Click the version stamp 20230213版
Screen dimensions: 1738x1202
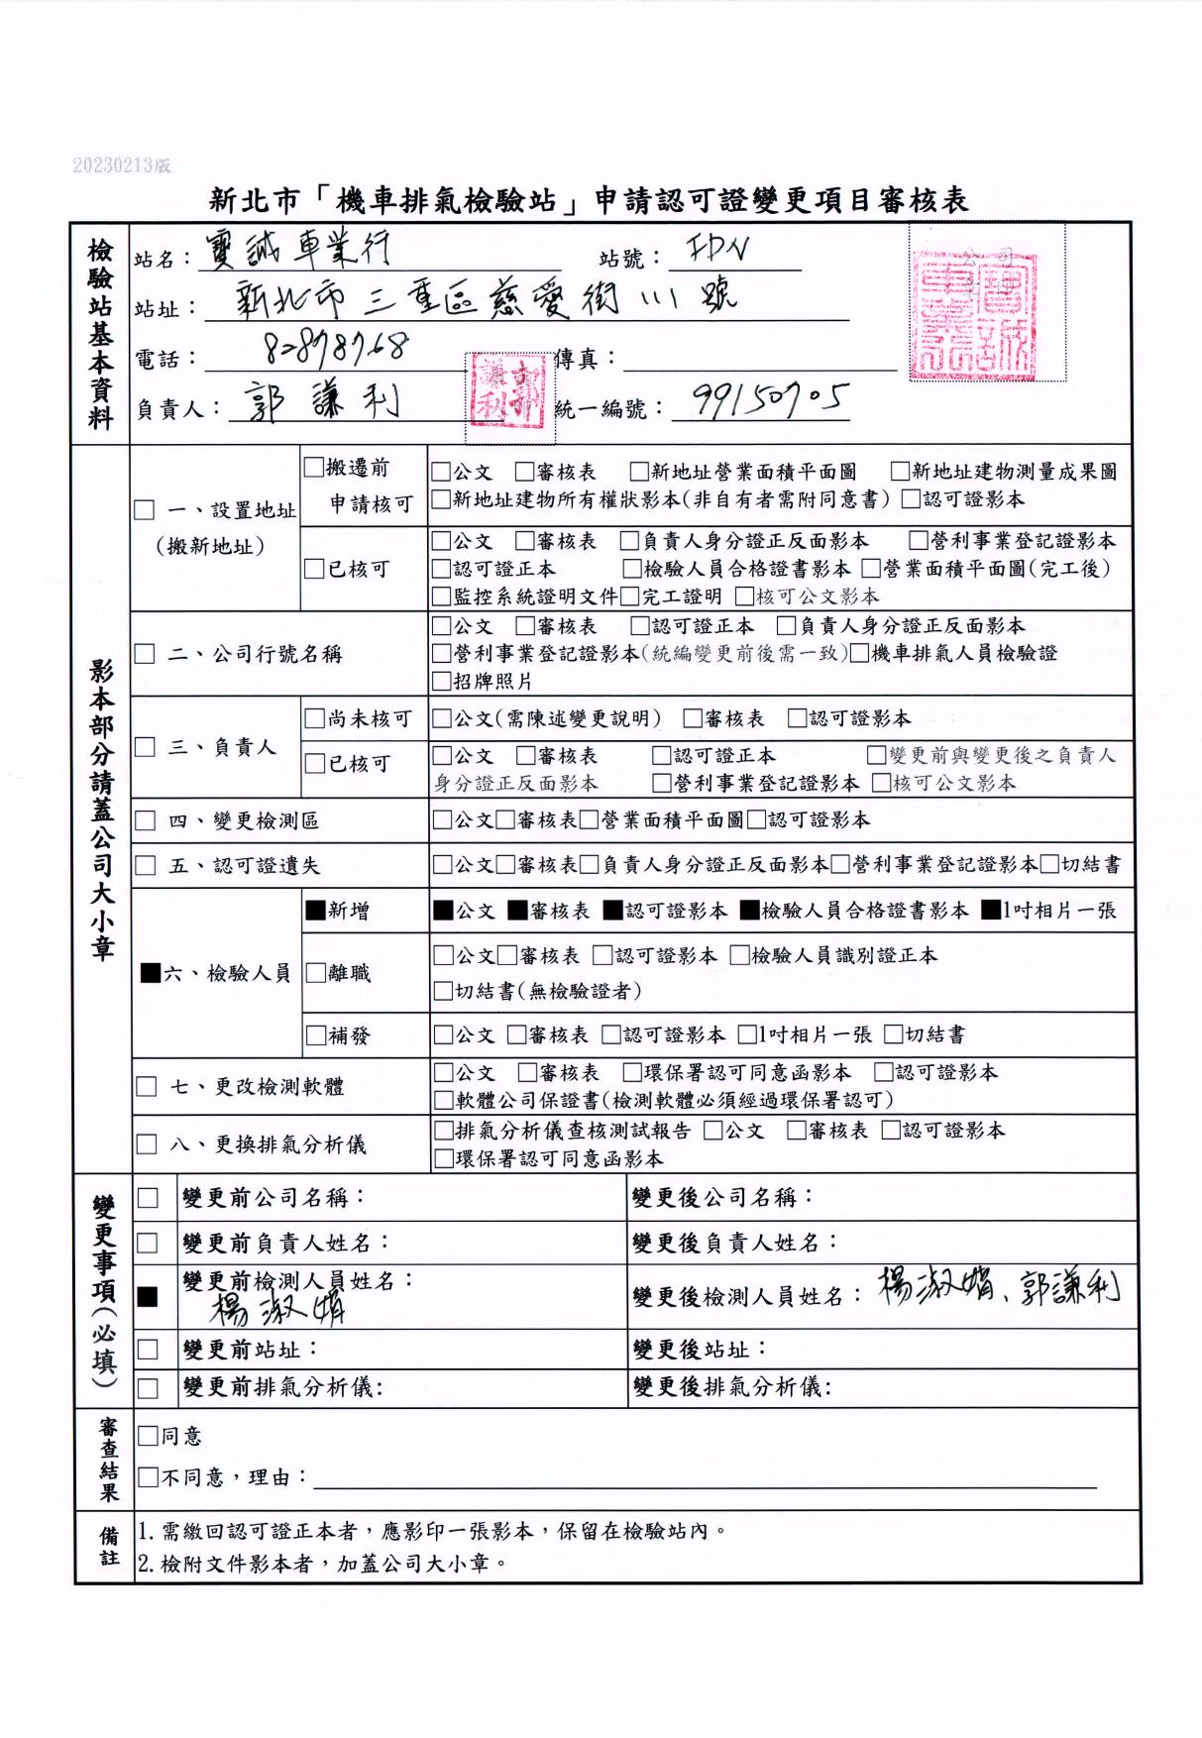point(121,165)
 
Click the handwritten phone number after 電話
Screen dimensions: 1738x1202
point(338,348)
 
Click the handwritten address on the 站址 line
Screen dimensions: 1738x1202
point(486,298)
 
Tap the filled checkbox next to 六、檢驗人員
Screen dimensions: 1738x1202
point(151,973)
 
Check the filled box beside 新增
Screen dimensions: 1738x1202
point(315,910)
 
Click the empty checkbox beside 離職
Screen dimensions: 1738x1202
point(315,973)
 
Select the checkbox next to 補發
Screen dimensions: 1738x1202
point(315,1035)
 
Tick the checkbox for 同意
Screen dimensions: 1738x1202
point(148,1435)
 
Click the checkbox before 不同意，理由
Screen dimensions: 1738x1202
point(148,1477)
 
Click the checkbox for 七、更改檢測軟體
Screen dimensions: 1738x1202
point(146,1086)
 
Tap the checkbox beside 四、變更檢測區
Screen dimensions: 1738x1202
point(146,820)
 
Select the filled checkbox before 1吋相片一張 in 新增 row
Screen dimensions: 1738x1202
point(991,910)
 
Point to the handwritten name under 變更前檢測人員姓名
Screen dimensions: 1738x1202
point(277,1309)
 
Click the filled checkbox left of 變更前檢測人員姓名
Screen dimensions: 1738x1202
point(148,1296)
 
